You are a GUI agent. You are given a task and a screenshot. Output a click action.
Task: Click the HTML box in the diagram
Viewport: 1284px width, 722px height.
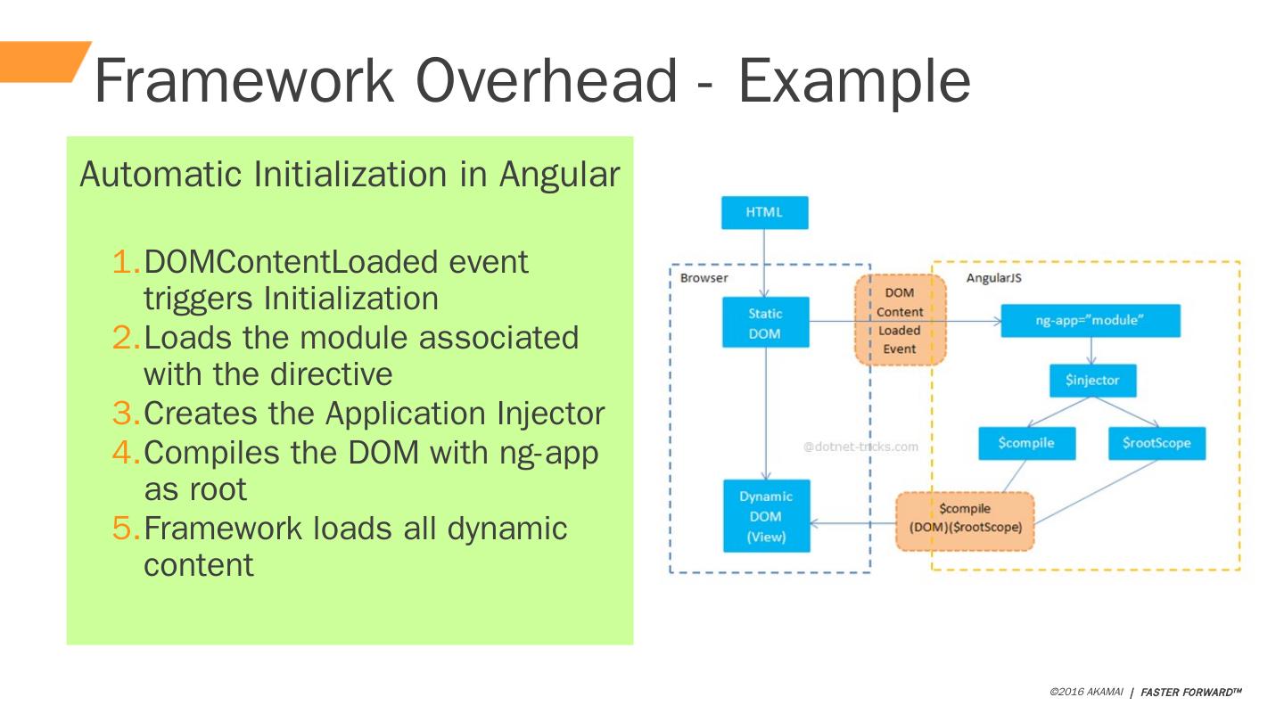tap(764, 213)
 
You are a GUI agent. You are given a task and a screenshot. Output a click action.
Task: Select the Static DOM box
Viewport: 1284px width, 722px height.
tap(765, 323)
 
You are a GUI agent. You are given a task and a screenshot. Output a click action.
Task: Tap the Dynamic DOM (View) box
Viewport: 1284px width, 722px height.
tap(766, 516)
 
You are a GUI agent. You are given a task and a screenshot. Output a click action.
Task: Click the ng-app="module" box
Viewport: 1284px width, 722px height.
tap(1090, 321)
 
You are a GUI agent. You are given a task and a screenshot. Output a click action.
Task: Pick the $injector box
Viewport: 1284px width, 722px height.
tap(1092, 381)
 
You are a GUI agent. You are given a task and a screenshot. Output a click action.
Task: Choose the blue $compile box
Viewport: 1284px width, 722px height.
tap(1026, 443)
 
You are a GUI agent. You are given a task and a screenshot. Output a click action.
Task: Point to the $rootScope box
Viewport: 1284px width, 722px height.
tap(1156, 443)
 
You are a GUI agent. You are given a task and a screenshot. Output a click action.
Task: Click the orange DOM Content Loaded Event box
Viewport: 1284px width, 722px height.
tap(900, 320)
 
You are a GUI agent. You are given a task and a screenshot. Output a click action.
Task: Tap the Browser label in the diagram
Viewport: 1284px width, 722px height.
tap(704, 278)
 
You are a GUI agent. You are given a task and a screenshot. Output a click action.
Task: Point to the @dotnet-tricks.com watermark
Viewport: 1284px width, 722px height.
tap(860, 447)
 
